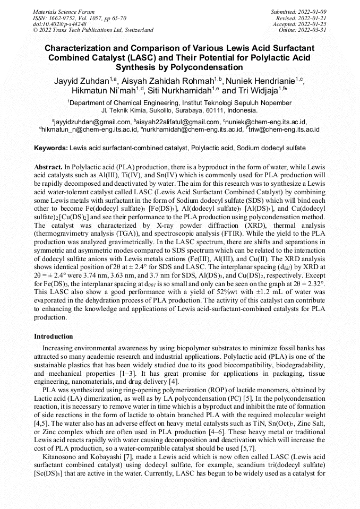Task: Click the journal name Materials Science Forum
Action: [64, 11]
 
